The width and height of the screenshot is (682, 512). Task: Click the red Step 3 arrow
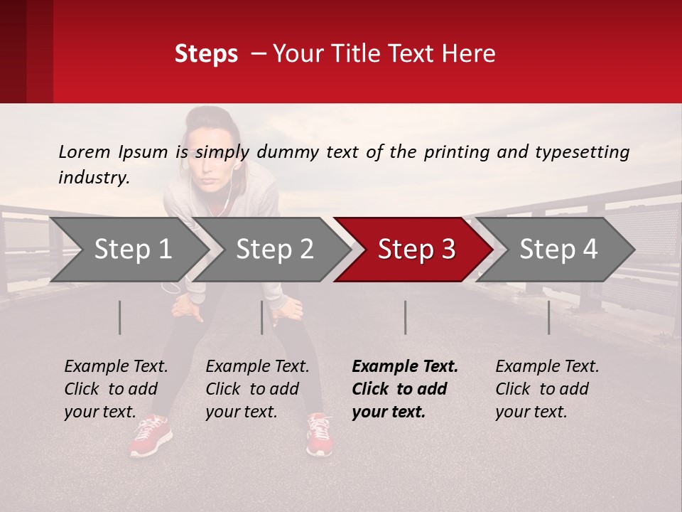(416, 250)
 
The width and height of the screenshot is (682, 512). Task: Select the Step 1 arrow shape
(132, 250)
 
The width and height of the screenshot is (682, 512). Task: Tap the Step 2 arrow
(274, 250)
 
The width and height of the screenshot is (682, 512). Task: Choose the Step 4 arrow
(558, 250)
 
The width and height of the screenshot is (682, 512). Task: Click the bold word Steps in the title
(206, 54)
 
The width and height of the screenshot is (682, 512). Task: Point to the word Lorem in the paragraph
(85, 151)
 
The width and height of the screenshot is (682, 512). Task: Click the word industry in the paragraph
(93, 178)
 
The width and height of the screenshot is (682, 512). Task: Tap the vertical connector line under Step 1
(119, 317)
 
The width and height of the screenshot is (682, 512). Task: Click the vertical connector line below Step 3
(405, 317)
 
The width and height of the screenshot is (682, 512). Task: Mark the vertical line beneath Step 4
(548, 317)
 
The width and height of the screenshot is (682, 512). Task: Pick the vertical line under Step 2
(262, 317)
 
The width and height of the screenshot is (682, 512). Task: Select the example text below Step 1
(116, 389)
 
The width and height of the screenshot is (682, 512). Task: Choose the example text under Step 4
(547, 389)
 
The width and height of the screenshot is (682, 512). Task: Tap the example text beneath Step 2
(257, 389)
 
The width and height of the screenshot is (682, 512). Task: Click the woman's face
(211, 149)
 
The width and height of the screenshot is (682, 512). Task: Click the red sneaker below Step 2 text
(319, 434)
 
